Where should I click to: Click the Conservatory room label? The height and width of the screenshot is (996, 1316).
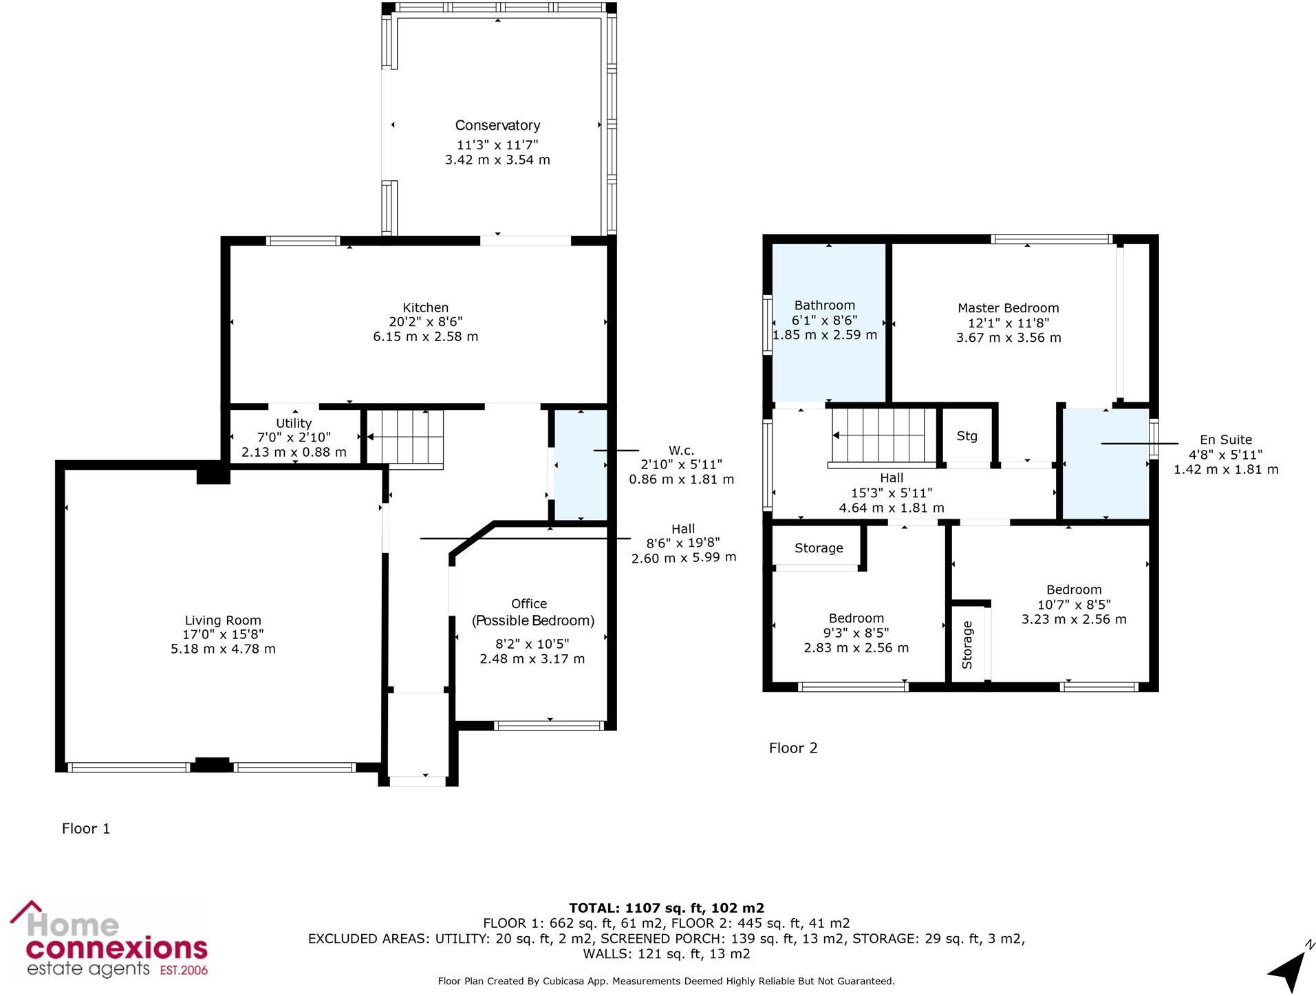click(497, 125)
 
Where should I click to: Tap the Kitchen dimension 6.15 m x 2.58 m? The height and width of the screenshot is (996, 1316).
click(425, 336)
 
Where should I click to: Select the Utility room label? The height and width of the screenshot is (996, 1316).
click(294, 423)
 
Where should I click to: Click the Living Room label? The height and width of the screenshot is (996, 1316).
click(223, 620)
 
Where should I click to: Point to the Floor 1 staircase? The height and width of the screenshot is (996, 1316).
click(404, 437)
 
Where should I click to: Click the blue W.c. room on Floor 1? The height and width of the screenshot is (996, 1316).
click(581, 481)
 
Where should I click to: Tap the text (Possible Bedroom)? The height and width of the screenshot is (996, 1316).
click(532, 620)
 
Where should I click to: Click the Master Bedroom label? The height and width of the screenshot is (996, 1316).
click(1008, 308)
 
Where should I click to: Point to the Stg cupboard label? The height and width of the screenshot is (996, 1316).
click(967, 435)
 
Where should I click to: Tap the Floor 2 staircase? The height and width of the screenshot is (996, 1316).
click(884, 435)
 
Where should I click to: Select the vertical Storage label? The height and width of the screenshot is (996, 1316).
click(967, 645)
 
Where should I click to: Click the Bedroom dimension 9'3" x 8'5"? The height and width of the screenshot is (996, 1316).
click(856, 633)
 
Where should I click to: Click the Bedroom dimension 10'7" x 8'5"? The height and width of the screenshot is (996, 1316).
click(1073, 605)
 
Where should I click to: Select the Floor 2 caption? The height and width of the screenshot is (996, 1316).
click(793, 748)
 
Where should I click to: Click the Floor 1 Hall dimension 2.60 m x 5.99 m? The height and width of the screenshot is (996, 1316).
click(683, 557)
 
